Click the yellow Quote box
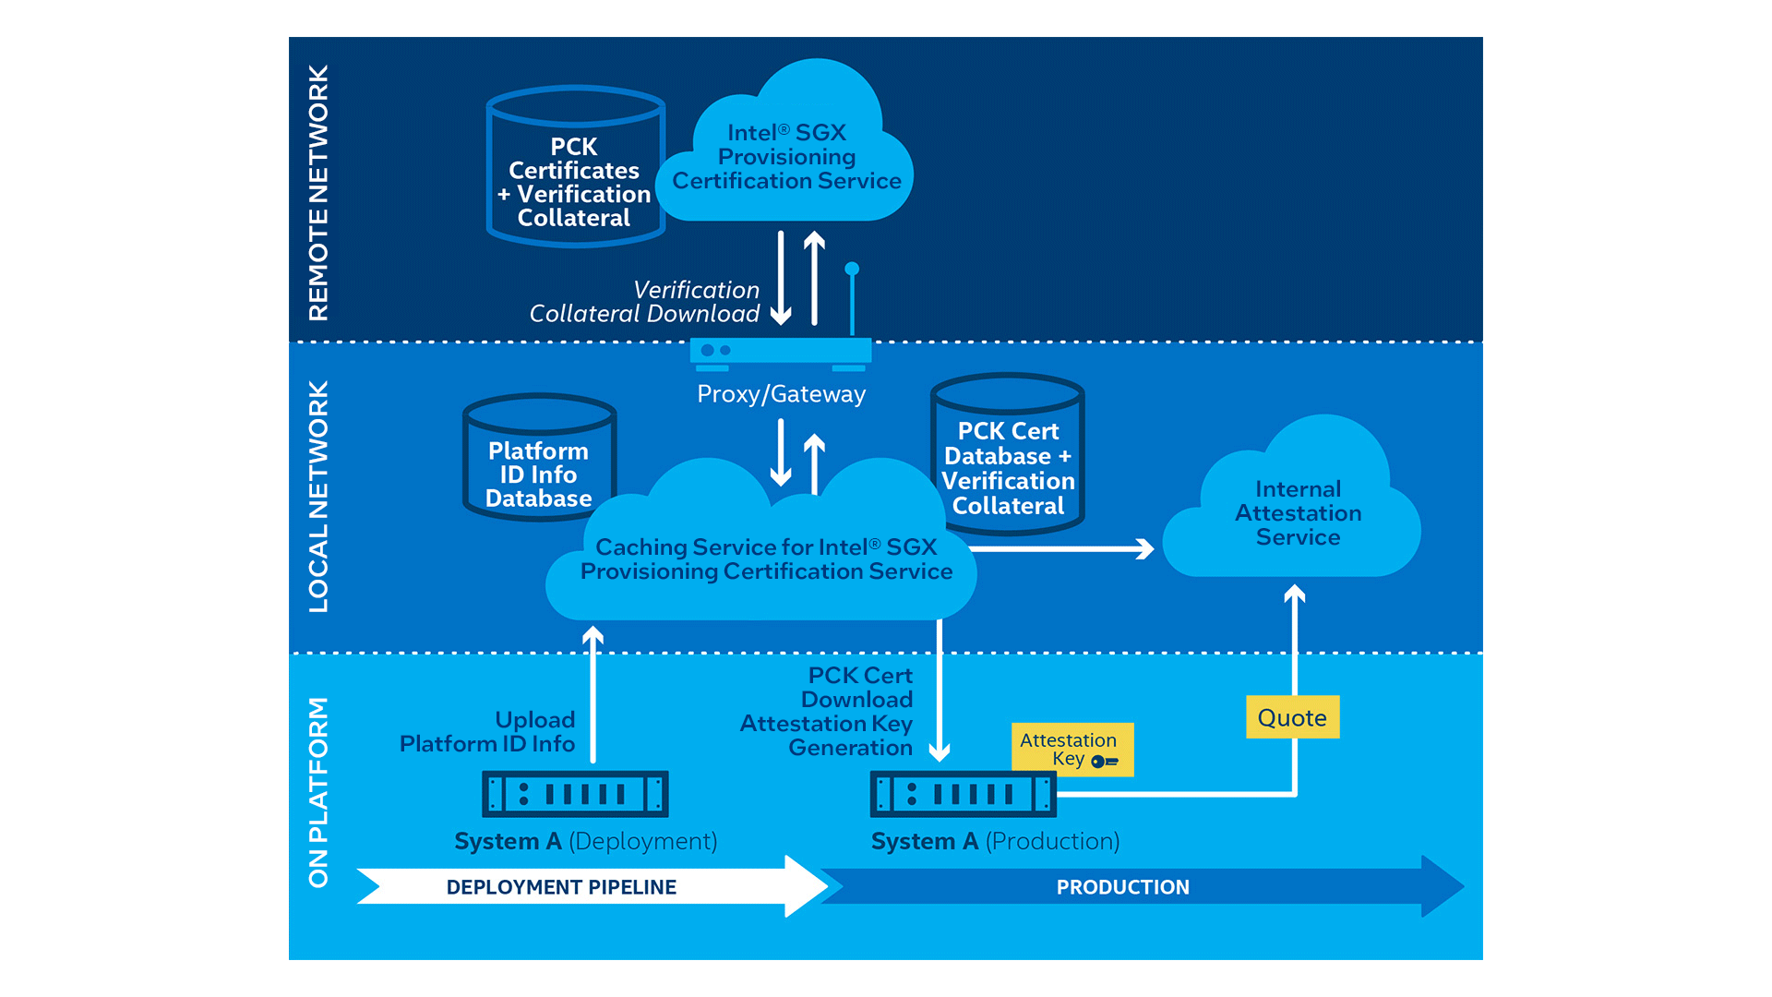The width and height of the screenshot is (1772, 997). coord(1292,717)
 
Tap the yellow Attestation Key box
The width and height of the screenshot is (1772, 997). coord(1072,749)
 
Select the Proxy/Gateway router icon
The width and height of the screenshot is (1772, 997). coord(781,352)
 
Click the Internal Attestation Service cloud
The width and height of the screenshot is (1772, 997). coord(1297,513)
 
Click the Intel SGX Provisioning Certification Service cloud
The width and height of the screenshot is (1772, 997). coord(786,157)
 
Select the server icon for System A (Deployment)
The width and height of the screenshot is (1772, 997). coord(575,794)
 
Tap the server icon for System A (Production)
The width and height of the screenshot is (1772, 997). coord(963,794)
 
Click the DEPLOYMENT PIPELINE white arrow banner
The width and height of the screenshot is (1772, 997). coord(561,887)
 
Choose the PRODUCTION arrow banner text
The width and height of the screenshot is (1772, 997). coord(1122,887)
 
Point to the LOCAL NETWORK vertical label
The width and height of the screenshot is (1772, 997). coord(318,496)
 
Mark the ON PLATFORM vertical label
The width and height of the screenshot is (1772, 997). coord(318,792)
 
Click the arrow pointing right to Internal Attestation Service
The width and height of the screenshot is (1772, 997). coord(1061,549)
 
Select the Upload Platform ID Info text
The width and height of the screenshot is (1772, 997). coord(487,732)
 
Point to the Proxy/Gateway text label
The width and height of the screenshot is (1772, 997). coord(781,394)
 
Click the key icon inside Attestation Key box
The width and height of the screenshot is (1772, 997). coord(1104,762)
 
